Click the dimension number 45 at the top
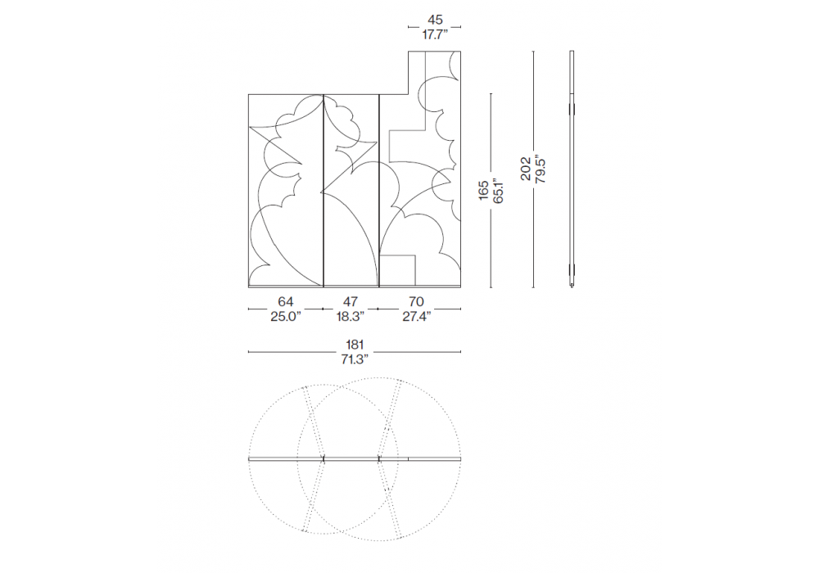(435, 20)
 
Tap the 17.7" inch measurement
(435, 35)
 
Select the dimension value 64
(285, 301)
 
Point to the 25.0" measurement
(285, 316)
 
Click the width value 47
(350, 301)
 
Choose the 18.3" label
(350, 316)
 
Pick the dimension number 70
(416, 301)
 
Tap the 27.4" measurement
(416, 316)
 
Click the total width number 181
(354, 345)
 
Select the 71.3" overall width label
(354, 359)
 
